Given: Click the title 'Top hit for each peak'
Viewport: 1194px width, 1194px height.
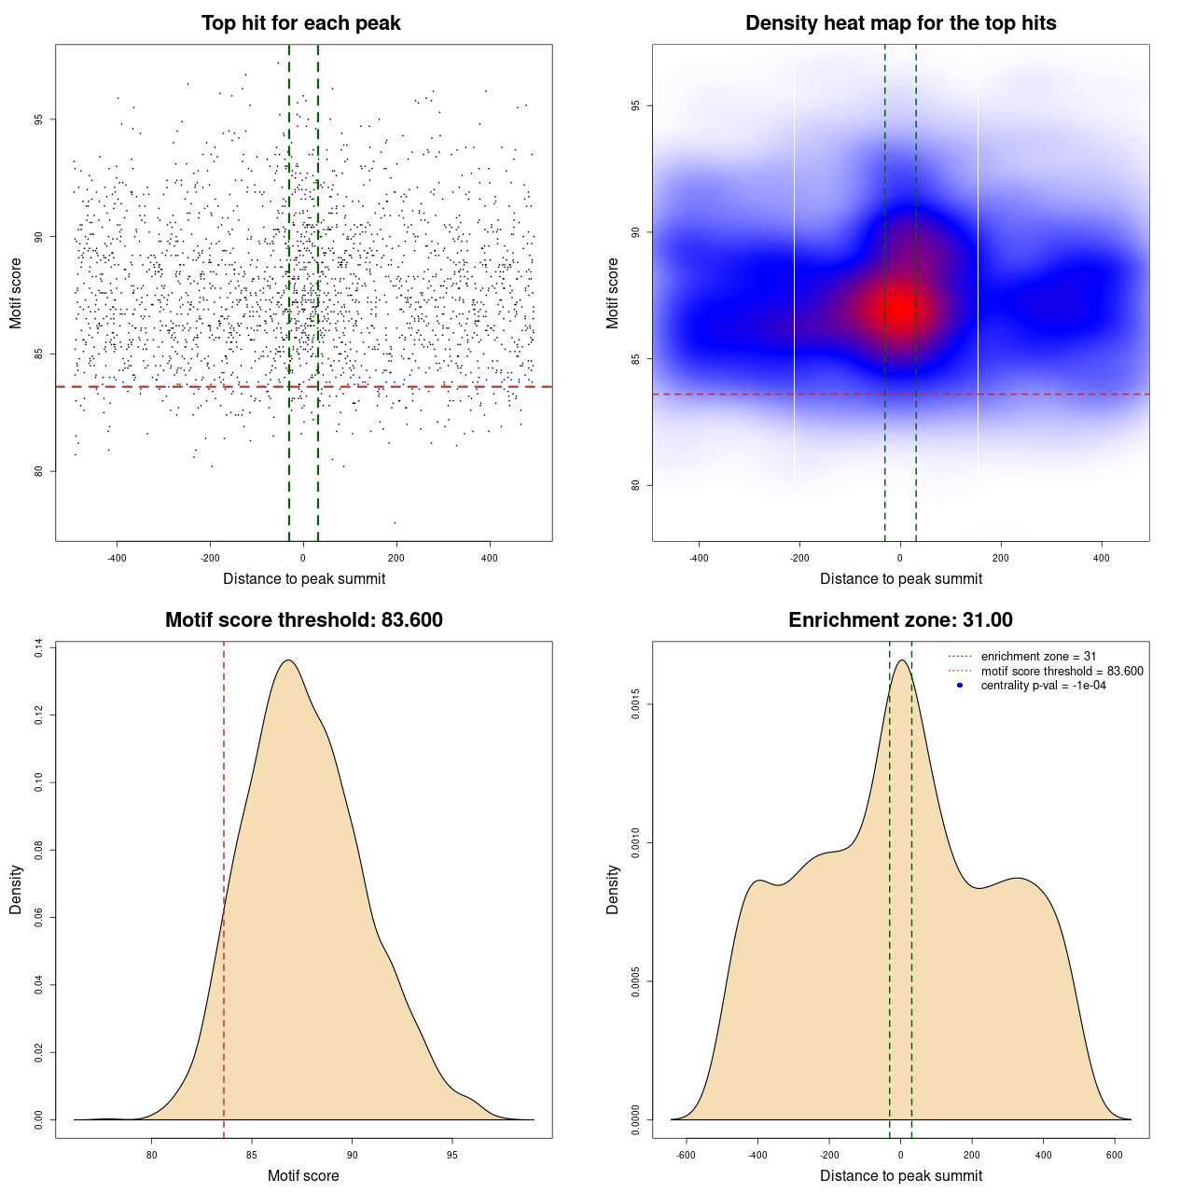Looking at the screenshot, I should (301, 23).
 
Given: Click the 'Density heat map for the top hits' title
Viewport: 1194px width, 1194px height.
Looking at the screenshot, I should (900, 23).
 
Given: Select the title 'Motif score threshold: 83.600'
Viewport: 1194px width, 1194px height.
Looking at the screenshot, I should (303, 620).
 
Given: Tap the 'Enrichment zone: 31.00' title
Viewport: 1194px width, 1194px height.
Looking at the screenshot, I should (900, 620).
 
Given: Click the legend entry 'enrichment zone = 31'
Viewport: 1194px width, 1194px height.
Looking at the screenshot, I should (1038, 657).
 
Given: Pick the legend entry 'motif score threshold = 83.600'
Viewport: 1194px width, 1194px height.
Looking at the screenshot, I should (1062, 672).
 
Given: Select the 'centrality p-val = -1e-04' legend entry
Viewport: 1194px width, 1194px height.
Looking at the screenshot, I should (1043, 686).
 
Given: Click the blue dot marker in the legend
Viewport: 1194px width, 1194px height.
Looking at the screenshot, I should (960, 686).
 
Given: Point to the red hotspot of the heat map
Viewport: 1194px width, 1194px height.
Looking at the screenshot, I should (899, 307).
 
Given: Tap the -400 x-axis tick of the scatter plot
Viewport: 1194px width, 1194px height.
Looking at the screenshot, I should (117, 558).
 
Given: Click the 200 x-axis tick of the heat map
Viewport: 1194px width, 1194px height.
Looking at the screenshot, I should (1001, 558).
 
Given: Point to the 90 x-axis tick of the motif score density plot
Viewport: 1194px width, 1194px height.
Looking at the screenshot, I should (352, 1155).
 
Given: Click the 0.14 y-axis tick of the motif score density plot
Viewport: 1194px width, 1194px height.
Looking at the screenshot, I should (39, 648).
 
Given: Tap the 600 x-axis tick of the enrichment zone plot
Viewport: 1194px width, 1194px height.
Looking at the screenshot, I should (1115, 1155).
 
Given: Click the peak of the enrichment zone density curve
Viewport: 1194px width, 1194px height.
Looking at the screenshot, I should (901, 660).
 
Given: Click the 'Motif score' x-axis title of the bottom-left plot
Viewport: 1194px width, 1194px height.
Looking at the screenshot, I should (303, 1175).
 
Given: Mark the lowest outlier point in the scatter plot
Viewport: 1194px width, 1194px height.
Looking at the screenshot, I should (395, 522).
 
